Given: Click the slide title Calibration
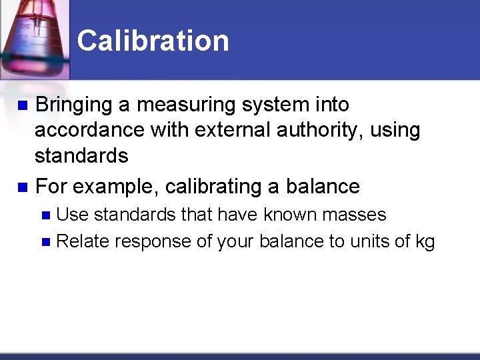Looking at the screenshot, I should click(153, 41).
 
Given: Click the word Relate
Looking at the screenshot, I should click(83, 241).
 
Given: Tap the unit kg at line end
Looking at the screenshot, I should click(425, 241).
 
